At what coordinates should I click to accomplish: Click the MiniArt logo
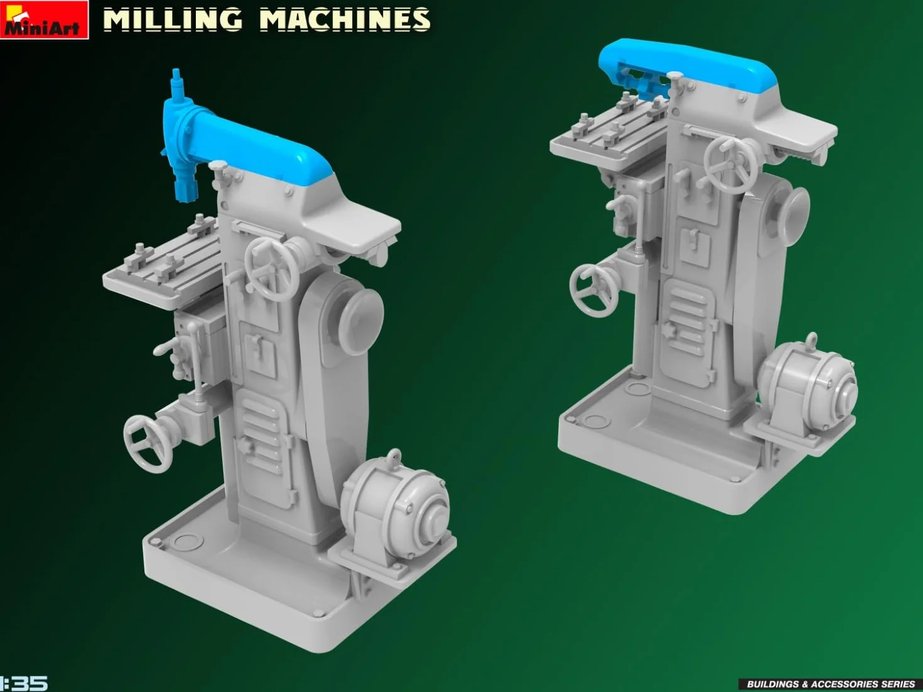point(44,19)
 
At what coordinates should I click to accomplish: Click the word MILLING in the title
point(173,19)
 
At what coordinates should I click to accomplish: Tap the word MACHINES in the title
point(345,19)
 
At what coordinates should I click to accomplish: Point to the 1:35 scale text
point(23,683)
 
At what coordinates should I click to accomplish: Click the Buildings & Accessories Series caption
point(831,684)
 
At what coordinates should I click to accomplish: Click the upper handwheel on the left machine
point(271,263)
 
